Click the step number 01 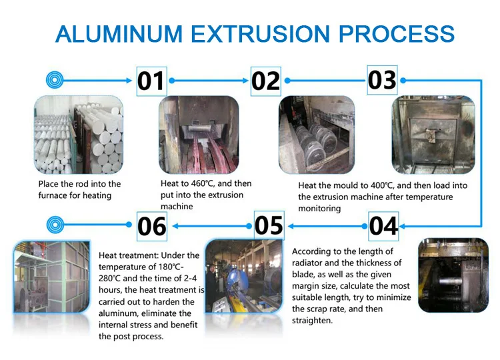coord(151,81)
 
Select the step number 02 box coord(265,81)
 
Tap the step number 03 coord(382,80)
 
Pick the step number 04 coord(383,226)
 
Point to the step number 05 coord(269,225)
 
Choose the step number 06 coord(152,226)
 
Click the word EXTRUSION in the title coord(260,34)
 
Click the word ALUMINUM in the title coord(119,34)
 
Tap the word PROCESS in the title coord(397,34)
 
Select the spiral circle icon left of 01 coord(55,80)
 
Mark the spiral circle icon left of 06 coord(55,225)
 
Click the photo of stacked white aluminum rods coord(79,135)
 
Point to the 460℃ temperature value coord(203,184)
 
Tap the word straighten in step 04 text coord(312,321)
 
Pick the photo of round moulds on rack coord(317,135)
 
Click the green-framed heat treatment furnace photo coord(51,277)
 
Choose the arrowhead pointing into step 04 coord(402,227)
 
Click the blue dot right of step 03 coord(403,81)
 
